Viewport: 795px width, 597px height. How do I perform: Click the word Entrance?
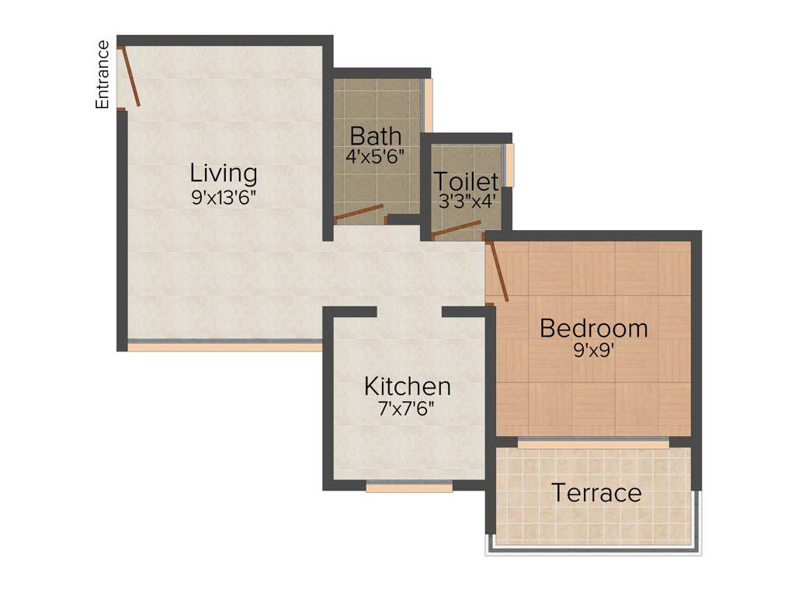pos(102,75)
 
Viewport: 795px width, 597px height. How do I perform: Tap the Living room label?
pos(224,172)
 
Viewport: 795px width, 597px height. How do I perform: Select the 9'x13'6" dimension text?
pos(224,197)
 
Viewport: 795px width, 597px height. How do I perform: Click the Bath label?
pos(375,135)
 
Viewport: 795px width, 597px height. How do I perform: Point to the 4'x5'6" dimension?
pos(375,155)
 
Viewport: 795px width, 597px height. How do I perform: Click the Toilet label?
pos(466,182)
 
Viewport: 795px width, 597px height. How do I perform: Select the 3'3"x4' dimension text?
pos(466,201)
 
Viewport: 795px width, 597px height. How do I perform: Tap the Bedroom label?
pos(593,328)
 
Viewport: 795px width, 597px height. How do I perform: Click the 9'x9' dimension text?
pos(593,350)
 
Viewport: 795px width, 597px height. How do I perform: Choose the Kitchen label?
pos(408,386)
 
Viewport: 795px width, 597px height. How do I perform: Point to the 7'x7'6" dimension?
pos(408,408)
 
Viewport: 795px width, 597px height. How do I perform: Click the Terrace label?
pos(596,493)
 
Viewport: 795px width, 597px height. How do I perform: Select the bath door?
pos(359,214)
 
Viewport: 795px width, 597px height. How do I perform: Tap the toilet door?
pos(456,228)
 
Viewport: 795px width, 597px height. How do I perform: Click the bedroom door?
pos(498,271)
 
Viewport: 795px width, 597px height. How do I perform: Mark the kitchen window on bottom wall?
pos(409,487)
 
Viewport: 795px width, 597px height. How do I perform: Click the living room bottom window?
pos(224,346)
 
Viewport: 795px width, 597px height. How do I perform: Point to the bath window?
pos(427,106)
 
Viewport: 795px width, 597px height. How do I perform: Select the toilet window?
pos(509,165)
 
